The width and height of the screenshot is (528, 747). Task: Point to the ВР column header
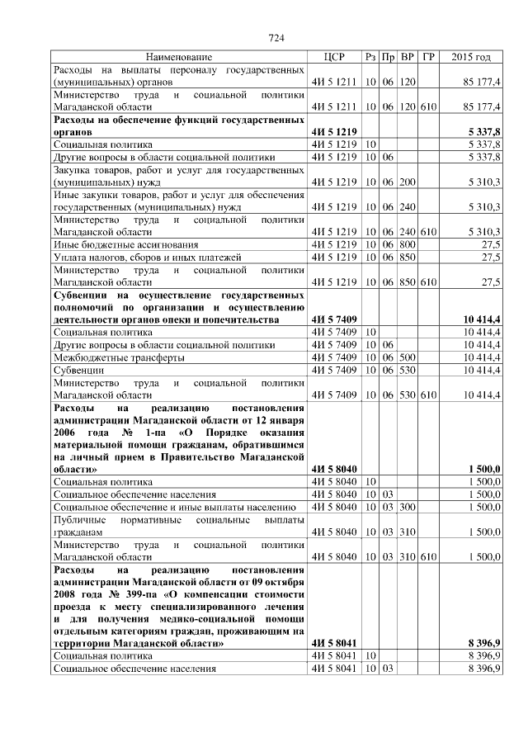(x=407, y=57)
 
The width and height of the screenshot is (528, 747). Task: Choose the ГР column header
(x=427, y=57)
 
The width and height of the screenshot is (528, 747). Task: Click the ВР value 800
(x=407, y=245)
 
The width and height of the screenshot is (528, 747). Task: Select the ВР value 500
(x=407, y=357)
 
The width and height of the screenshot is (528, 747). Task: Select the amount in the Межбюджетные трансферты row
(x=483, y=357)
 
